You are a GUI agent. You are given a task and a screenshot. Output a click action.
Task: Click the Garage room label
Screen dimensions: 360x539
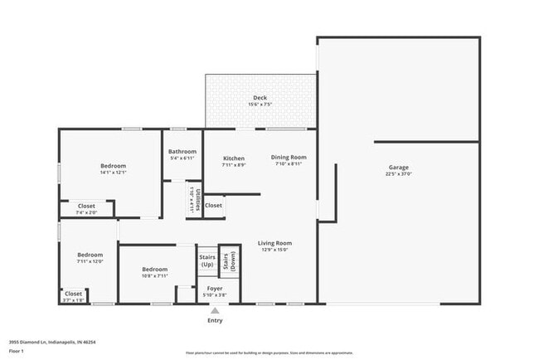398,168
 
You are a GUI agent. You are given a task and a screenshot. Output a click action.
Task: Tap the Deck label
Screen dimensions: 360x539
260,97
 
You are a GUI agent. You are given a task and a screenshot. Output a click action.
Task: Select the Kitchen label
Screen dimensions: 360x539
234,158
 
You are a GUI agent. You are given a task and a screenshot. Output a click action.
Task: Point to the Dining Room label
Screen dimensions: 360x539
289,157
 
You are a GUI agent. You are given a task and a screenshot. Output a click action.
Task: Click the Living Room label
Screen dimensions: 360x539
274,243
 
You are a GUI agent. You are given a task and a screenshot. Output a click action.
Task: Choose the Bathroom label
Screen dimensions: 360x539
182,152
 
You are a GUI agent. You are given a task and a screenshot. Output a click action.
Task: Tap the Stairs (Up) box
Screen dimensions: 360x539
206,260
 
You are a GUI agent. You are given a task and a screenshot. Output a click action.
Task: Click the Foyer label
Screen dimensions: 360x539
215,288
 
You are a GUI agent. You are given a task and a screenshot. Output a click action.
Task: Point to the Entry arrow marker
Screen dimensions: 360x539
215,310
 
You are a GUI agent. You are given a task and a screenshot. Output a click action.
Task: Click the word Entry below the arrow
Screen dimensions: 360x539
215,320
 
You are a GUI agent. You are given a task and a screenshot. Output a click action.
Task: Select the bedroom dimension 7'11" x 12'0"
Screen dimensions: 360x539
90,261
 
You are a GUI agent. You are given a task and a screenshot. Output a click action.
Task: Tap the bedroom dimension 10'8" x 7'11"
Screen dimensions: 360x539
155,275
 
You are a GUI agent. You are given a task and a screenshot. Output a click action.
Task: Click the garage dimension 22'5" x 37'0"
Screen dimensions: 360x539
398,174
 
